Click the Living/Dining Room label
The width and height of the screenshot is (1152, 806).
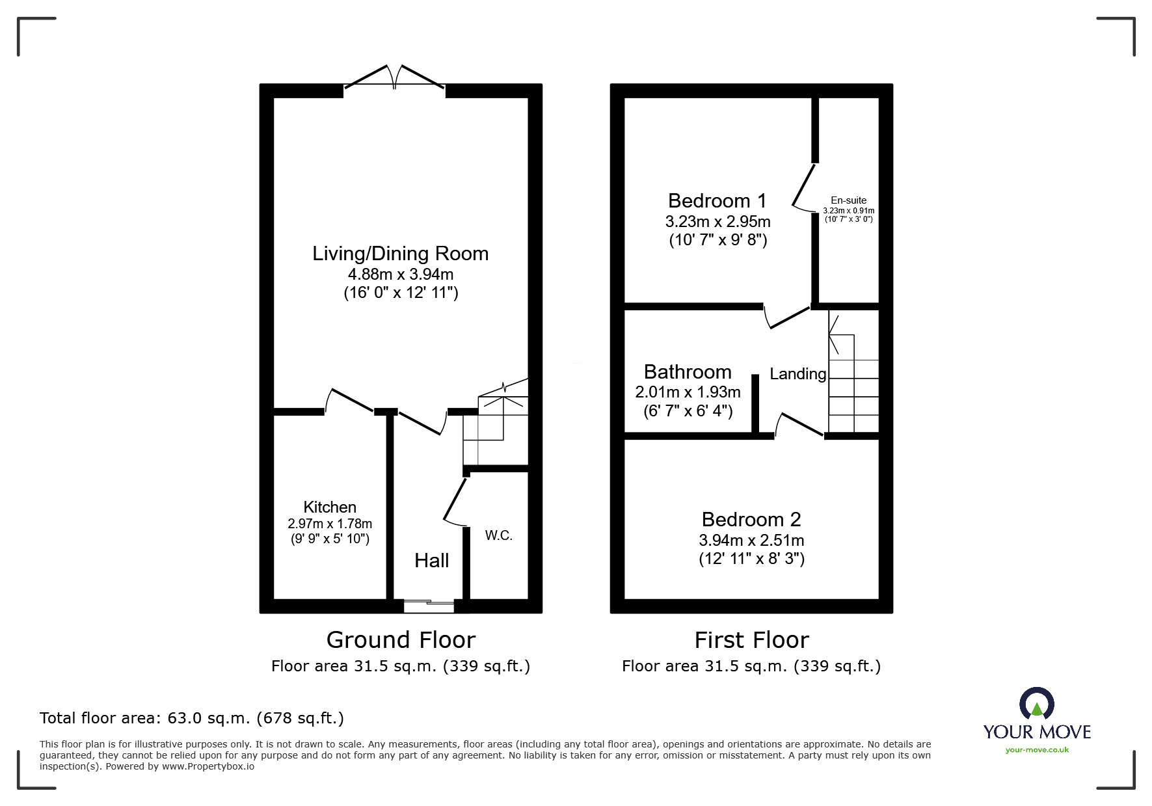pyautogui.click(x=400, y=254)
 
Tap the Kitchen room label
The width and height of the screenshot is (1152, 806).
pyautogui.click(x=330, y=507)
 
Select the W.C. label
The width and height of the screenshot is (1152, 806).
pyautogui.click(x=499, y=535)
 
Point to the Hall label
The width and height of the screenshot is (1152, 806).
pyautogui.click(x=432, y=561)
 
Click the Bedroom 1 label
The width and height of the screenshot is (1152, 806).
pyautogui.click(x=717, y=200)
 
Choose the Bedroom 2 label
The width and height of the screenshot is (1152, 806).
pyautogui.click(x=751, y=519)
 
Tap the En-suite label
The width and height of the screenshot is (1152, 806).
pyautogui.click(x=848, y=200)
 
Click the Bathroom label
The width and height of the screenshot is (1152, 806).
pyautogui.click(x=688, y=371)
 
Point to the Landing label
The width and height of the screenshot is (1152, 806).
pyautogui.click(x=798, y=374)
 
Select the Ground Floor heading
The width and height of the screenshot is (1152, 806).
pyautogui.click(x=401, y=640)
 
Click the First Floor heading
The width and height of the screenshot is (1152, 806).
pyautogui.click(x=751, y=640)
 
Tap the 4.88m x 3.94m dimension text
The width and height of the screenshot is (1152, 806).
pyautogui.click(x=401, y=274)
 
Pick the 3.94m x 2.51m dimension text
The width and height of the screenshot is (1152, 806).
pyautogui.click(x=751, y=540)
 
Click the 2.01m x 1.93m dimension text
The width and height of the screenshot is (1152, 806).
pyautogui.click(x=688, y=392)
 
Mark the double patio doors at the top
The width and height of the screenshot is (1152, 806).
pyautogui.click(x=395, y=77)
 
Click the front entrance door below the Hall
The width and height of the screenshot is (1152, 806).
pyautogui.click(x=429, y=606)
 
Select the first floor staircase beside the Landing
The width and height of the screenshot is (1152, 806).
pyautogui.click(x=853, y=371)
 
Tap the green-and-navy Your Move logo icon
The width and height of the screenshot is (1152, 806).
pyautogui.click(x=1037, y=705)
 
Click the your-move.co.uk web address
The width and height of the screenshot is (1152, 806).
pyautogui.click(x=1037, y=750)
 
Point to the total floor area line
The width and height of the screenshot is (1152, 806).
pyautogui.click(x=192, y=718)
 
